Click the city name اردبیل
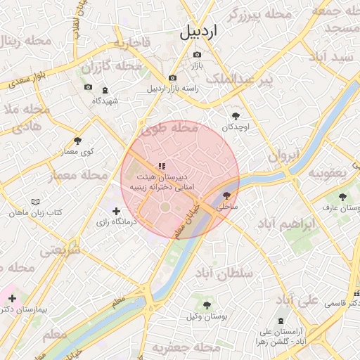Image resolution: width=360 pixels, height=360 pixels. (x=199, y=32)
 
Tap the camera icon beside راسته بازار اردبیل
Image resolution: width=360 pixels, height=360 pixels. (x=172, y=77)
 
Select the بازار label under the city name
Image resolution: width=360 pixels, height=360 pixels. (x=198, y=65)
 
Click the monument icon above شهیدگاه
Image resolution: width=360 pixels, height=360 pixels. (x=105, y=91)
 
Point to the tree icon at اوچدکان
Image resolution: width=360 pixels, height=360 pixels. (x=235, y=116)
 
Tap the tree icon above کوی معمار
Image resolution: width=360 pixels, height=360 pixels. (x=77, y=141)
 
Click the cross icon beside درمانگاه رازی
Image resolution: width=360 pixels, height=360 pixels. (x=116, y=210)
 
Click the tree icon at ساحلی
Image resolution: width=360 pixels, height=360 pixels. (x=226, y=196)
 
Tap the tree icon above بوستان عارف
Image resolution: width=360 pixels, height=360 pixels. (x=342, y=197)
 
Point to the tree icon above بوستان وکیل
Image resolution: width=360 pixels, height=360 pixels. (x=207, y=305)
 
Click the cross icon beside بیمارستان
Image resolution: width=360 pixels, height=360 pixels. (x=12, y=298)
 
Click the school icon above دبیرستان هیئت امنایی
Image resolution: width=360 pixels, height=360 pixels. (x=162, y=167)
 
